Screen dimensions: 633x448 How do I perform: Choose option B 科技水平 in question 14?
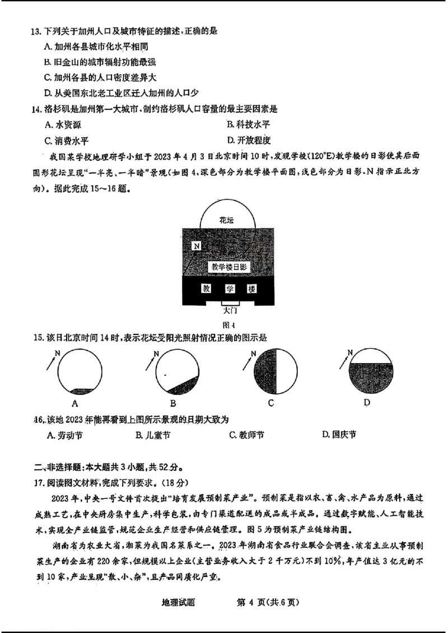248,124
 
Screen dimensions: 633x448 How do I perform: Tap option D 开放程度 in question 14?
248,140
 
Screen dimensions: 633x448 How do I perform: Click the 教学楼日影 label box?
227,267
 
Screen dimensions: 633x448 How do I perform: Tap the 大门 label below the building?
230,309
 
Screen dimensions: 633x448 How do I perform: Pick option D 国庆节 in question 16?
339,435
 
